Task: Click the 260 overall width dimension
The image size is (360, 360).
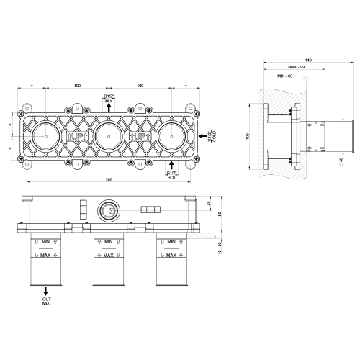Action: [108, 179]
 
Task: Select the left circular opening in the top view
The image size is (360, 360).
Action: [46, 134]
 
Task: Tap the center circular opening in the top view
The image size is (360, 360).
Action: [108, 134]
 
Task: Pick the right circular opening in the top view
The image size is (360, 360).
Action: [170, 134]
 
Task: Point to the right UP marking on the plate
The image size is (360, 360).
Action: [139, 135]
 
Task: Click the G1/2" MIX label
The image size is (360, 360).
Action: [109, 99]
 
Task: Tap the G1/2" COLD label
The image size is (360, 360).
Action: [211, 134]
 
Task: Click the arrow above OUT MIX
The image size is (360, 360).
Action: [46, 289]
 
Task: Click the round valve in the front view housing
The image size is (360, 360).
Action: [108, 212]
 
